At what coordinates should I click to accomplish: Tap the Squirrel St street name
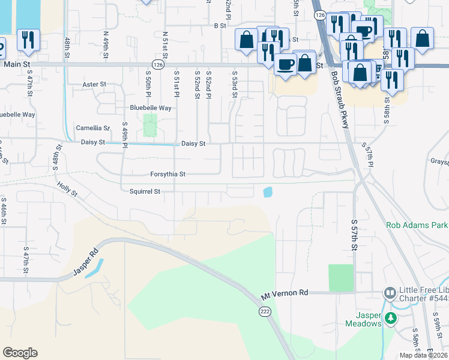point(145,191)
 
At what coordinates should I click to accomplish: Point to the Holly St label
point(68,190)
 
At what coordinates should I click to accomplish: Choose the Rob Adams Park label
point(416,226)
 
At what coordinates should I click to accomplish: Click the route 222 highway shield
point(265,311)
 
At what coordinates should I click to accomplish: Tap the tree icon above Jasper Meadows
point(391,317)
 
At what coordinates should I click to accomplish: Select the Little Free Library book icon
point(390,293)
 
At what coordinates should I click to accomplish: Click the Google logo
point(20,353)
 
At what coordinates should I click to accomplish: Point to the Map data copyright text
point(423,355)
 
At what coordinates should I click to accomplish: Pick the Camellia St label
point(92,128)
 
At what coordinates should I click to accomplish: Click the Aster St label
point(94,85)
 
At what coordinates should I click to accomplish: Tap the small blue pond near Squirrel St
point(267,192)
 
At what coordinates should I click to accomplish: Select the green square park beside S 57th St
point(341,278)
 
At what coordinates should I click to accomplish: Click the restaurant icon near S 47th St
point(28,40)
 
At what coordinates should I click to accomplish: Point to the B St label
point(219,26)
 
